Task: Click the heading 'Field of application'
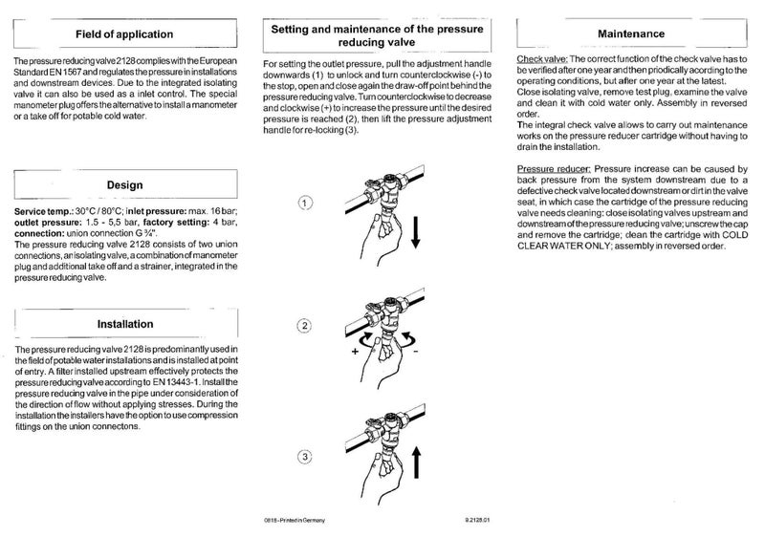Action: coord(124,34)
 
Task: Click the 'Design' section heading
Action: coord(124,183)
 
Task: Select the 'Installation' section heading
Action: coord(125,324)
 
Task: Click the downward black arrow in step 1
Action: coord(415,230)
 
